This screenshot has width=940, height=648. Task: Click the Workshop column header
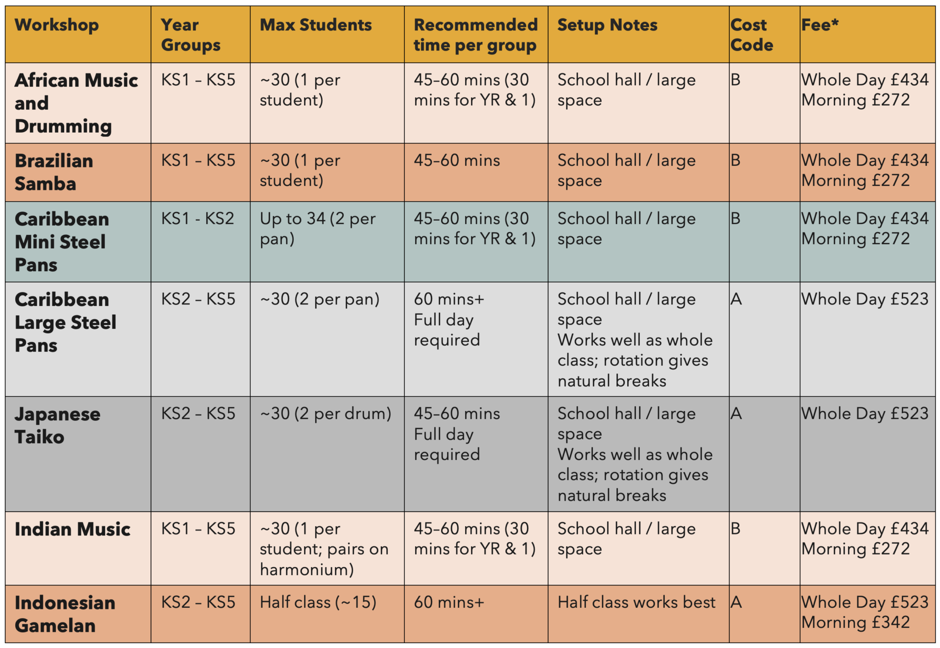[57, 25]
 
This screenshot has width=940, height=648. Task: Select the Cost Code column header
[752, 35]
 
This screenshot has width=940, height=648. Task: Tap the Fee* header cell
[820, 24]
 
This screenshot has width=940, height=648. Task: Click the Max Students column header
[316, 25]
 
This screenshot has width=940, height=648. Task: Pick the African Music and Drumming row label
[76, 103]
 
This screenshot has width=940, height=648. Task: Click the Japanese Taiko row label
[58, 425]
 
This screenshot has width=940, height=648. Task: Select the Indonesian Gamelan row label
[65, 614]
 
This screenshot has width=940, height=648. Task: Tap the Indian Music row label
[72, 529]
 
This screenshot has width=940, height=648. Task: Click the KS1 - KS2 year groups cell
[198, 218]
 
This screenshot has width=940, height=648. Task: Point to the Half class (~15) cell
[318, 602]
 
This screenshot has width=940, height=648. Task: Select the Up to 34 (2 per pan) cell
[318, 229]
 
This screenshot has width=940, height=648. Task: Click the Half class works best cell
[636, 602]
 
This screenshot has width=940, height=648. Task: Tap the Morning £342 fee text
[856, 622]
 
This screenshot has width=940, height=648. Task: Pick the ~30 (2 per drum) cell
[326, 414]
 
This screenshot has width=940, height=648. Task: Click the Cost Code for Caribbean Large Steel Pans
[736, 299]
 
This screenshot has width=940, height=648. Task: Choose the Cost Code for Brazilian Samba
[735, 160]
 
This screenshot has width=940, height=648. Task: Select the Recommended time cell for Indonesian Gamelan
[449, 602]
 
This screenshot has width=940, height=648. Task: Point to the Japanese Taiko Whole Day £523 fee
[865, 414]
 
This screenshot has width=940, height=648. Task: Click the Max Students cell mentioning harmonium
[324, 549]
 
